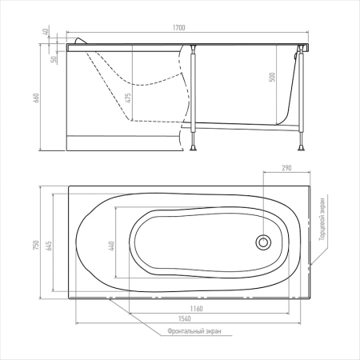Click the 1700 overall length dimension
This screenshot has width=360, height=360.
point(178,27)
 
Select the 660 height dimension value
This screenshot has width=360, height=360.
point(36,98)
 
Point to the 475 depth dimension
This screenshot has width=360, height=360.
point(128,98)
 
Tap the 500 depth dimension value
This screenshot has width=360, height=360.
point(272,77)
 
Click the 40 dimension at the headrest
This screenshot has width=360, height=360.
point(46,31)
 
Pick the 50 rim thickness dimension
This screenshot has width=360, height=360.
point(54,59)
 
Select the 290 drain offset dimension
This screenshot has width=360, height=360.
point(286,168)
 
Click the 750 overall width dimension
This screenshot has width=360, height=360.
point(36,245)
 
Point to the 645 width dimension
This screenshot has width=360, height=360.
point(49,246)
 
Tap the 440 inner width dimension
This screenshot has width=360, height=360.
point(111,246)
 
